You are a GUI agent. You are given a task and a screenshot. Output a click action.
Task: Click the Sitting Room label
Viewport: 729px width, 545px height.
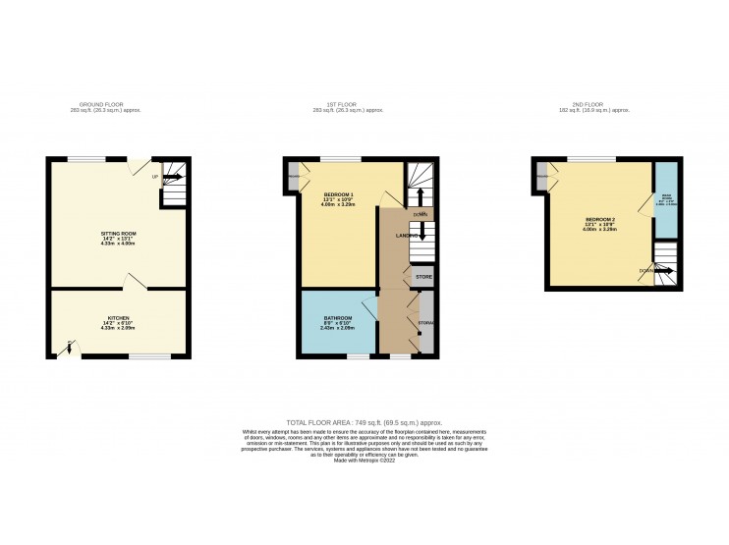tap(117, 237)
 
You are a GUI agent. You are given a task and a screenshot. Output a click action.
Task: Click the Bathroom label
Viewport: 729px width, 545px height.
tap(338, 320)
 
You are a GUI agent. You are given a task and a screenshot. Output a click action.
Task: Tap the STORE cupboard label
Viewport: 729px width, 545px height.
tap(423, 278)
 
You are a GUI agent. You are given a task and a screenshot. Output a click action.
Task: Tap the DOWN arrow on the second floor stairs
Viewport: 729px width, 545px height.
tap(655, 269)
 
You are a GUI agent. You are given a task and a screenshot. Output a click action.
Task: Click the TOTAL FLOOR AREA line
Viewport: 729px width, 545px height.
tap(364, 420)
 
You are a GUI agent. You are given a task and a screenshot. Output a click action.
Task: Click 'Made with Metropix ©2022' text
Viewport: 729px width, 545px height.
tap(364, 460)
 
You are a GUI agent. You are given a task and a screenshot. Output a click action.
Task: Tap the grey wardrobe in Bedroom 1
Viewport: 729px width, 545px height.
tap(294, 176)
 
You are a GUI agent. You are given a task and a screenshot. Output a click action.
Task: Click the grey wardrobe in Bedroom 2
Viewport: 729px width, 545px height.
tap(542, 176)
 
